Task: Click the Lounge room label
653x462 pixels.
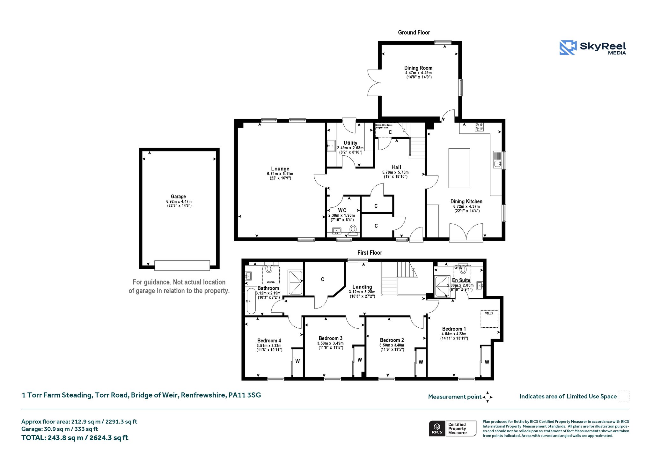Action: pos(280,169)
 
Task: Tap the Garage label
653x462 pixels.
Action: pos(178,197)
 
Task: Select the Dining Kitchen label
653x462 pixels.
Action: pos(466,201)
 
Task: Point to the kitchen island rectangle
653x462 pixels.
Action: pos(459,168)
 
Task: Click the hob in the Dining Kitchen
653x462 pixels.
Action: pos(479,127)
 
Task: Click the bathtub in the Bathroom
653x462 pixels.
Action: pos(251,301)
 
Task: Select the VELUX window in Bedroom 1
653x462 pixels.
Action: pos(489,319)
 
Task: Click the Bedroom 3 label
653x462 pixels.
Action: pos(331,338)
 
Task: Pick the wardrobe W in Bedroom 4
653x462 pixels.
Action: pos(297,361)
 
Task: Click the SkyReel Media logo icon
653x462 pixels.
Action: pos(568,48)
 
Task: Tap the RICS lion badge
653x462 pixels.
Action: pos(437,428)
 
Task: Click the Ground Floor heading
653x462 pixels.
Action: pos(414,32)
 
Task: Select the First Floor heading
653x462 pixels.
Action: pos(370,252)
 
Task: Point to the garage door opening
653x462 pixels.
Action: pos(182,265)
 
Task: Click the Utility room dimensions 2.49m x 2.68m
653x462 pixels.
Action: pos(350,148)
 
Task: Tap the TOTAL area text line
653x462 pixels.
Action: pos(75,438)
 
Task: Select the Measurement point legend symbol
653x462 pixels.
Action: pos(488,397)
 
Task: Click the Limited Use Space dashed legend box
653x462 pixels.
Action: pos(624,396)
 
